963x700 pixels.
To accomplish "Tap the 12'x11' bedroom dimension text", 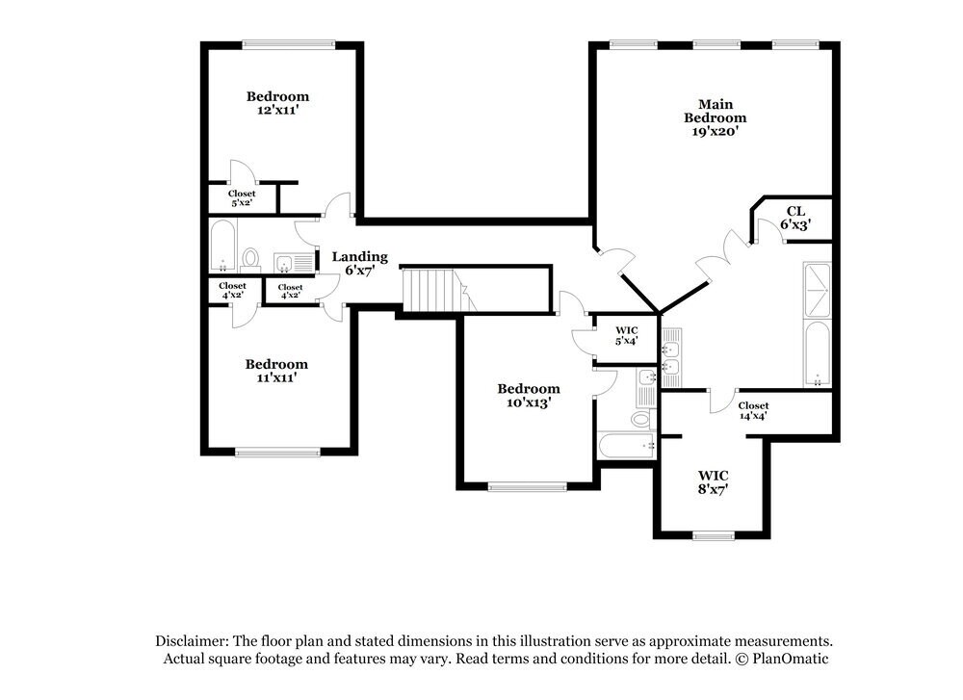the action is click(278, 111).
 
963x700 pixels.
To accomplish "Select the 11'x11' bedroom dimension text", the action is click(277, 377).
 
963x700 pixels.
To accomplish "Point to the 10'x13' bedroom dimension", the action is click(529, 402).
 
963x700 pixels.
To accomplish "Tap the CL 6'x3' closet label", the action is click(796, 218).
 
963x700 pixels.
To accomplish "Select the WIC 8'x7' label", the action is click(713, 482).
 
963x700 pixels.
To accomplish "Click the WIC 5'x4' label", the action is click(627, 335).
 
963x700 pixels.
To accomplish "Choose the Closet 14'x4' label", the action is click(754, 411).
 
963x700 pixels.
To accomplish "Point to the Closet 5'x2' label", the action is click(242, 197).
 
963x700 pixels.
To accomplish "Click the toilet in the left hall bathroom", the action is click(250, 259).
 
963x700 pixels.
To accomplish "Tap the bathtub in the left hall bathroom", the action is click(222, 246).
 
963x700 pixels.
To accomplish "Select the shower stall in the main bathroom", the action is click(818, 290).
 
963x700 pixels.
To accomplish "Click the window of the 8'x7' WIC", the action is click(713, 535).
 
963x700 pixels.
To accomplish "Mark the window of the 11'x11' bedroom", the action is click(277, 453).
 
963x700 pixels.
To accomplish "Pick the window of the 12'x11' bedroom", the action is click(289, 44).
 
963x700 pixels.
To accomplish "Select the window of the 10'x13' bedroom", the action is click(528, 487).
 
